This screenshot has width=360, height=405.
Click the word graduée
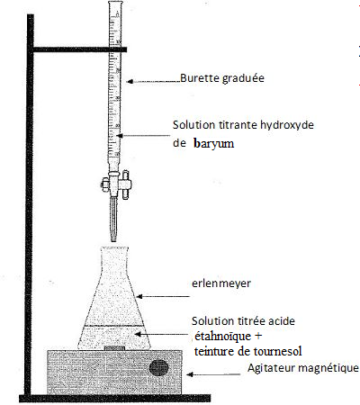click(243, 78)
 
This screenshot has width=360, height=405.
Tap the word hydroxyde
click(287, 125)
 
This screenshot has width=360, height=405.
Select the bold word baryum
click(214, 144)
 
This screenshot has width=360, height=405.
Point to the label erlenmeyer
click(221, 283)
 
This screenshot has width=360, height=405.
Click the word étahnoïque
click(223, 336)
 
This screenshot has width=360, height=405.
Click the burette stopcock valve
click(116, 184)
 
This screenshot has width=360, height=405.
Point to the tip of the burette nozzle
click(113, 241)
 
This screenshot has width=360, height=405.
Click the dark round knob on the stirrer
click(159, 368)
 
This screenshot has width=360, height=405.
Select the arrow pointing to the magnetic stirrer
click(213, 374)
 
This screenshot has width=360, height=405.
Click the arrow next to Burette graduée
click(153, 81)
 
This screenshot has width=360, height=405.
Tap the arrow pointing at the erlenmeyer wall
click(163, 296)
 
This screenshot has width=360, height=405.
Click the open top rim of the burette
click(115, 3)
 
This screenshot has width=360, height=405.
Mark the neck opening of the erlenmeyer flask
click(114, 248)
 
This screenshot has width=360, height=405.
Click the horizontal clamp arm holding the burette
click(80, 49)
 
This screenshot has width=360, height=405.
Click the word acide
click(282, 321)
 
